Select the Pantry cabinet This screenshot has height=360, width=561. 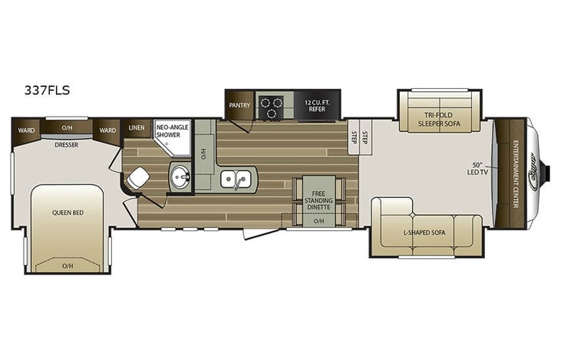(x=235, y=105)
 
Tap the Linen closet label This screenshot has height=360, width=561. (x=137, y=129)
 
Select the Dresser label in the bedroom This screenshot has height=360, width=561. (x=67, y=143)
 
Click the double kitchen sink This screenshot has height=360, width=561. (x=233, y=180)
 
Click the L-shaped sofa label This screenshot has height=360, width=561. (x=427, y=232)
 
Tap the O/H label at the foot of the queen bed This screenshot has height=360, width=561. (x=67, y=266)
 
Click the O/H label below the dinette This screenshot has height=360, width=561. (x=318, y=220)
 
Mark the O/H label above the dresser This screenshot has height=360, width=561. (x=67, y=127)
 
